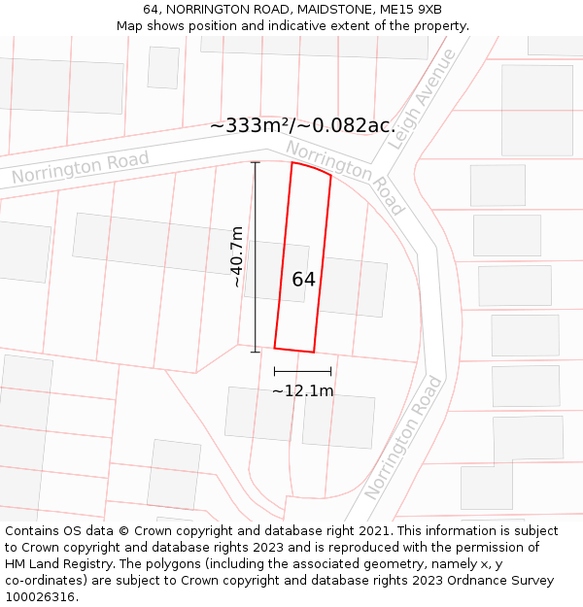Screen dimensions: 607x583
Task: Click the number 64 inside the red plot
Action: [x=303, y=280]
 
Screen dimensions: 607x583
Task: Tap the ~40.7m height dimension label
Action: [x=236, y=257]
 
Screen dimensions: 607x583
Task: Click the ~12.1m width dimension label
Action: [x=302, y=391]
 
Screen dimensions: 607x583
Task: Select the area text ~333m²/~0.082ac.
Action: [x=302, y=125]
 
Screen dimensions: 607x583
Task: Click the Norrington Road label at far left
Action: [x=81, y=168]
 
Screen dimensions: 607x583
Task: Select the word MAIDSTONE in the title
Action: [x=324, y=10]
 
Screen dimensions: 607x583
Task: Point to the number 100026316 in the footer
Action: [x=40, y=596]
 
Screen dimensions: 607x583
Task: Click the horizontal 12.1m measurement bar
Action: [x=302, y=371]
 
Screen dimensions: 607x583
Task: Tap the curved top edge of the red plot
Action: [x=312, y=168]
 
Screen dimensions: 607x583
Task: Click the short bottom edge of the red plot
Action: [x=294, y=350]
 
